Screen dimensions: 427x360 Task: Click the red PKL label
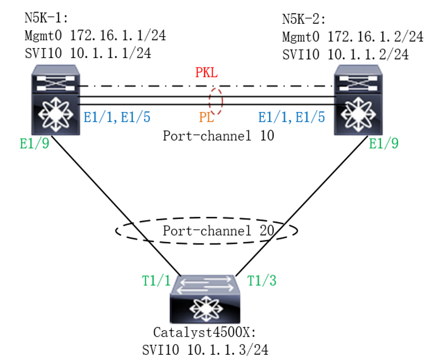click(x=206, y=73)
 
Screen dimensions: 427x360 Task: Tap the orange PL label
click(x=206, y=117)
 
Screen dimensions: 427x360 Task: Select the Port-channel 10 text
click(x=219, y=135)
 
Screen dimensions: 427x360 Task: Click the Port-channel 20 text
click(x=219, y=230)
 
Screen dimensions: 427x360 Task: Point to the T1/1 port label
click(x=156, y=280)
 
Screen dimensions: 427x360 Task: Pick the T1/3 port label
click(x=262, y=280)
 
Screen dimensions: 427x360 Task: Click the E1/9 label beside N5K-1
click(x=35, y=143)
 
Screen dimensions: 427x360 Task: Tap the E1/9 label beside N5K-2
click(x=384, y=143)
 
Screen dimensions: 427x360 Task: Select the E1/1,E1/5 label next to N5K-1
click(x=117, y=117)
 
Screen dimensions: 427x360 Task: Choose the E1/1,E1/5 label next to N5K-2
click(x=292, y=117)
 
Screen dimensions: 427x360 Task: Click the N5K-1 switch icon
click(x=56, y=100)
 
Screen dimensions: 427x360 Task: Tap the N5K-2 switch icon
click(x=359, y=100)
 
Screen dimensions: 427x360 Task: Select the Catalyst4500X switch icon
click(x=205, y=299)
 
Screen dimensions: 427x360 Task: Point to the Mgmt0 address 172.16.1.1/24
click(x=118, y=36)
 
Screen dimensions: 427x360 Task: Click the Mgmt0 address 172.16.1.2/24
click(x=375, y=37)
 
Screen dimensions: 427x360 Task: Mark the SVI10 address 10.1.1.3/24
click(x=228, y=349)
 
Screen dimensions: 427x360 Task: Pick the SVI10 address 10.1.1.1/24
click(x=111, y=53)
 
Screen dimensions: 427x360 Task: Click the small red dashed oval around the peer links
click(x=209, y=101)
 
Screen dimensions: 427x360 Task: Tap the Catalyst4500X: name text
click(x=205, y=332)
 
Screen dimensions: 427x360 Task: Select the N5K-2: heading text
click(x=304, y=19)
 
